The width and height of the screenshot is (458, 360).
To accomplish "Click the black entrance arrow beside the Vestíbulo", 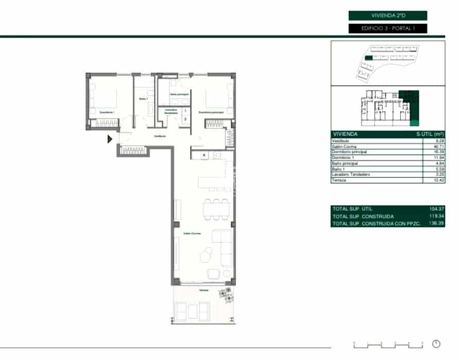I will [110, 139].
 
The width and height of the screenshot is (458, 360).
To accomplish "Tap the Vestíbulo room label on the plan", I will [160, 136].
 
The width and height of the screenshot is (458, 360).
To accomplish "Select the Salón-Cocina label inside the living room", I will [192, 234].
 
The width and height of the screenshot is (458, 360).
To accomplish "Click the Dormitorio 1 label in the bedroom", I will [107, 112].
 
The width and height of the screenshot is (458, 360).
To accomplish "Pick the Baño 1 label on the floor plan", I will [143, 99].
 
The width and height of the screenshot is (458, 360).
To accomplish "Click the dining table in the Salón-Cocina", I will [216, 209].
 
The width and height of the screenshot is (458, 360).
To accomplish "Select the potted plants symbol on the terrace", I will [226, 294].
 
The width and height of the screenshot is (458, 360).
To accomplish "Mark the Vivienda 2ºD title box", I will [388, 16].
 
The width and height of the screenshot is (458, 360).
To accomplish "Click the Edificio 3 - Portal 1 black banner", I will [388, 28].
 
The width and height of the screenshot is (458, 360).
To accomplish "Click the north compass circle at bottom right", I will [437, 344].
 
